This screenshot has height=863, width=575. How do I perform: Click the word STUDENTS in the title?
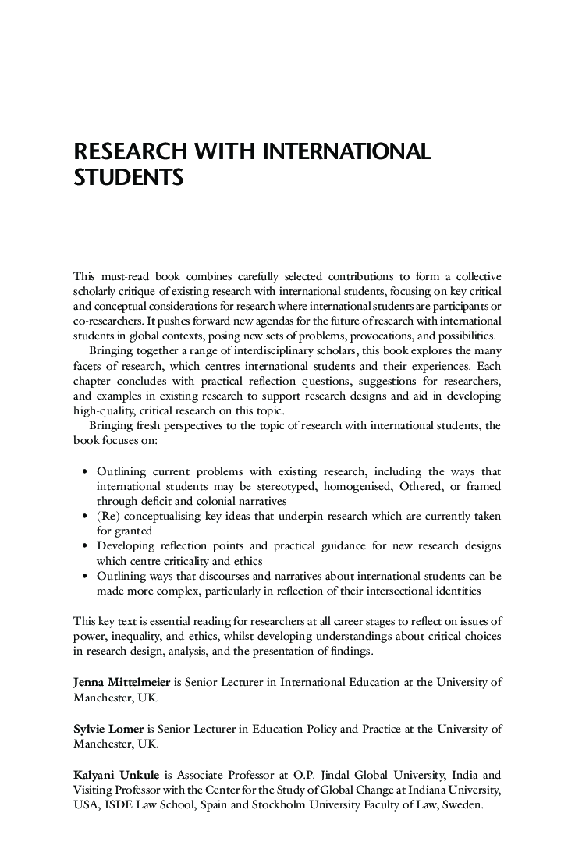click(x=128, y=177)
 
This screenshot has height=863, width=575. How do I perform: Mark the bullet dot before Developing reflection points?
click(x=85, y=545)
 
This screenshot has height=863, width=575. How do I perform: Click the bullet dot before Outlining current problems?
click(x=85, y=471)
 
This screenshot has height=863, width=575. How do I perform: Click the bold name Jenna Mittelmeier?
click(x=122, y=682)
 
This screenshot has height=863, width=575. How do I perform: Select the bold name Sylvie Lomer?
click(x=104, y=729)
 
